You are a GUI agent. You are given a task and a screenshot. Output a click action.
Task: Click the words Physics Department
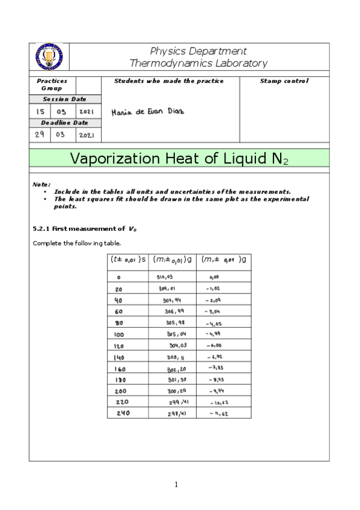tap(198, 51)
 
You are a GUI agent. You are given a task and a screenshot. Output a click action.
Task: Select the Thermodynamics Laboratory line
tap(198, 63)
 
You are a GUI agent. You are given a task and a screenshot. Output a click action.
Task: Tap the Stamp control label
tap(284, 81)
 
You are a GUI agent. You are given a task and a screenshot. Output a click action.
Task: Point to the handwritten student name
tap(147, 112)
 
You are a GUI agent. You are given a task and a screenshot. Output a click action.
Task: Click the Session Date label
tap(64, 99)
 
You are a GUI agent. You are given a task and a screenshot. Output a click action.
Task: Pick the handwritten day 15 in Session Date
tap(40, 111)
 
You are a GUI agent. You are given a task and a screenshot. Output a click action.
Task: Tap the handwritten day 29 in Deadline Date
tap(40, 135)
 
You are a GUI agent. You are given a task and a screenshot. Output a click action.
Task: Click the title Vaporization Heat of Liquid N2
tap(179, 159)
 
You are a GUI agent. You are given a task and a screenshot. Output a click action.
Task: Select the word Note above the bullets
tap(41, 184)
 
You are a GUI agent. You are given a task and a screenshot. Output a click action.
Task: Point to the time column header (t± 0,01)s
tap(127, 259)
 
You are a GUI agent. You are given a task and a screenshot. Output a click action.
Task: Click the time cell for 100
tap(119, 333)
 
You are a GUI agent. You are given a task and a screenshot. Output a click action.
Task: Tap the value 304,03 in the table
tap(179, 345)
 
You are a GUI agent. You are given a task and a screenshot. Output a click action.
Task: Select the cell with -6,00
tap(217, 345)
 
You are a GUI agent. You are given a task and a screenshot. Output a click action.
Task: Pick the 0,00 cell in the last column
tap(215, 277)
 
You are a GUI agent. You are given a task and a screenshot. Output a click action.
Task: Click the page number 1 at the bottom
tap(176, 484)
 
